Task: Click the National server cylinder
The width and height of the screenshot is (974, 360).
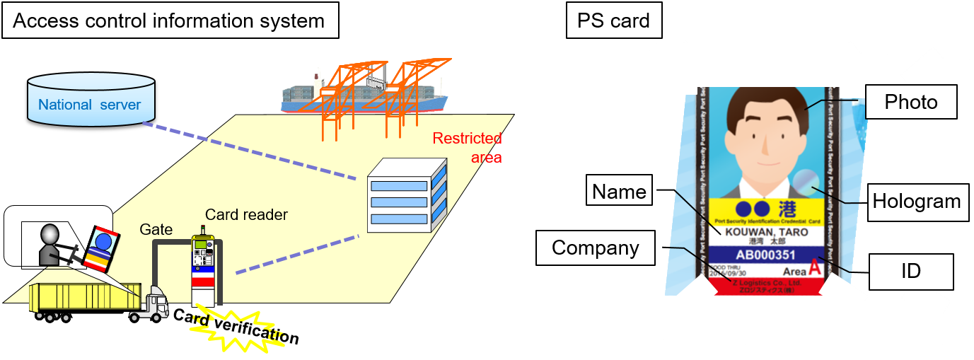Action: [x=90, y=100]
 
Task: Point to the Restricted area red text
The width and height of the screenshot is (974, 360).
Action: [x=469, y=147]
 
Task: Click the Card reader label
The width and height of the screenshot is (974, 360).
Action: [x=246, y=214]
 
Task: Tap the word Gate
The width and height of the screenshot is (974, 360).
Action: [x=156, y=229]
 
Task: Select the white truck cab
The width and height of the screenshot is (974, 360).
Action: [x=157, y=305]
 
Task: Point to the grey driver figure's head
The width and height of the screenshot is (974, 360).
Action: [x=50, y=234]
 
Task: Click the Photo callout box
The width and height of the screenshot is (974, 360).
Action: [x=911, y=102]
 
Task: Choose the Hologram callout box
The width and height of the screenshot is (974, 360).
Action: [x=916, y=202]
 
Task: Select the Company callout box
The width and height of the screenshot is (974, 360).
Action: [x=595, y=248]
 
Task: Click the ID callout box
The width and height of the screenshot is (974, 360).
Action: [x=911, y=272]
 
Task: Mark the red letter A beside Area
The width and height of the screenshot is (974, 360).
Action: [x=815, y=269]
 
